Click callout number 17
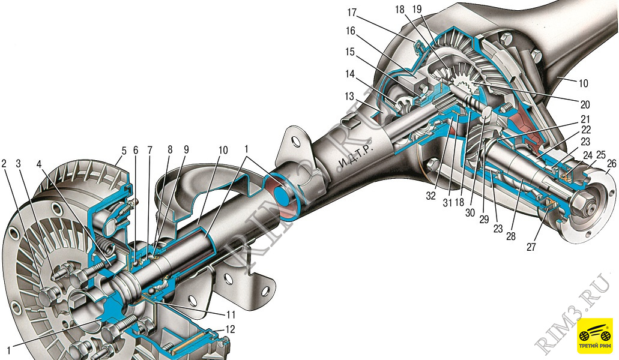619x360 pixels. pyautogui.click(x=351, y=13)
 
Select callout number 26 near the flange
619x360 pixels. pyautogui.click(x=611, y=163)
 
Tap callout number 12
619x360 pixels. pyautogui.click(x=230, y=329)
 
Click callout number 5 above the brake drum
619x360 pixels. pyautogui.click(x=124, y=150)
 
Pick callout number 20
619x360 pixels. pyautogui.click(x=585, y=104)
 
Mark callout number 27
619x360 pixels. pyautogui.click(x=531, y=247)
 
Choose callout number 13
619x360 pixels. pyautogui.click(x=349, y=96)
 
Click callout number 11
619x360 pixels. pyautogui.click(x=230, y=314)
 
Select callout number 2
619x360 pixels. pyautogui.click(x=4, y=163)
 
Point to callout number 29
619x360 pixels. pyautogui.click(x=484, y=219)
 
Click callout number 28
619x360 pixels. pyautogui.click(x=511, y=236)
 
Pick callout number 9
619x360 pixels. pyautogui.click(x=186, y=150)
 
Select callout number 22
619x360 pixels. pyautogui.click(x=586, y=129)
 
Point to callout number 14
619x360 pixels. pyautogui.click(x=350, y=74)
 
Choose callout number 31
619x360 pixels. pyautogui.click(x=447, y=203)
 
